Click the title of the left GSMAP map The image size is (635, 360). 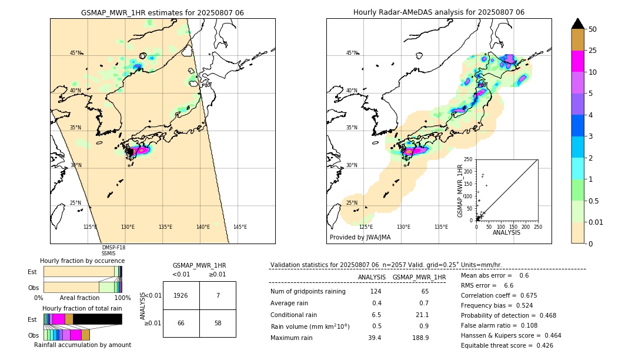pyautogui.click(x=162, y=12)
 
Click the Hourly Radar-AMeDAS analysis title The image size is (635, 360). pyautogui.click(x=439, y=12)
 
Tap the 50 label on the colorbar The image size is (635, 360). pyautogui.click(x=593, y=29)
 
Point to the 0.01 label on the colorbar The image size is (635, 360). pyautogui.click(x=597, y=222)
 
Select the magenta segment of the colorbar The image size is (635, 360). pyautogui.click(x=577, y=61)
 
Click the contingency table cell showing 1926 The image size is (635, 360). pyautogui.click(x=181, y=295)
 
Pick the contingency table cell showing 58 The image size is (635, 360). pyautogui.click(x=218, y=324)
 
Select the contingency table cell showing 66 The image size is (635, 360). pyautogui.click(x=181, y=324)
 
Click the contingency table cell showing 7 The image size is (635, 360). pyautogui.click(x=218, y=295)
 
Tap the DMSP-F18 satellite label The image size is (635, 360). pyautogui.click(x=113, y=248)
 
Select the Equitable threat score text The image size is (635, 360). pyautogui.click(x=507, y=345)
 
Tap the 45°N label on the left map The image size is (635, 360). pyautogui.click(x=75, y=53)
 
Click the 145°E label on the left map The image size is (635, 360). pyautogui.click(x=240, y=227)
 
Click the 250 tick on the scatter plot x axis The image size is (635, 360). pyautogui.click(x=537, y=226)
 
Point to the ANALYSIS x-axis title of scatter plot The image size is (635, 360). pyautogui.click(x=506, y=232)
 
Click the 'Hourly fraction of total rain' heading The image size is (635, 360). pyautogui.click(x=82, y=309)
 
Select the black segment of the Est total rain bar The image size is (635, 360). pyautogui.click(x=97, y=319)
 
